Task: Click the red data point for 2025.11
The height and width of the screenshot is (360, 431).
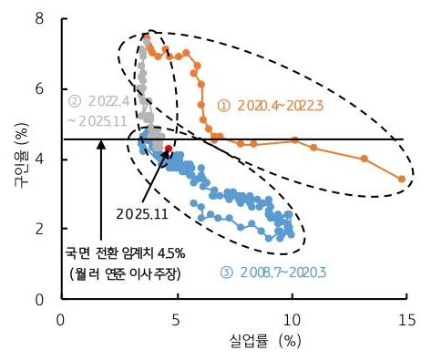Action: [x=169, y=148]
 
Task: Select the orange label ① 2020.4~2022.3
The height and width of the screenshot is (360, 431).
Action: [x=271, y=106]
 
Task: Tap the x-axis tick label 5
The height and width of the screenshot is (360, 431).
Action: [x=176, y=318]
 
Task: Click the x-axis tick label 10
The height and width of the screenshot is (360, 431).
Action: [x=291, y=318]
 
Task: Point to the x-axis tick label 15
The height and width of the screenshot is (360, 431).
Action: [x=406, y=318]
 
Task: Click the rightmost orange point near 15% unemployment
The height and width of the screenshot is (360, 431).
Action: [x=402, y=180]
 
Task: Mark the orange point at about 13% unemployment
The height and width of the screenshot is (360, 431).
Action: [x=364, y=159]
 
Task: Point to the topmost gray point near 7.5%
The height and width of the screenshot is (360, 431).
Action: [x=146, y=37]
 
